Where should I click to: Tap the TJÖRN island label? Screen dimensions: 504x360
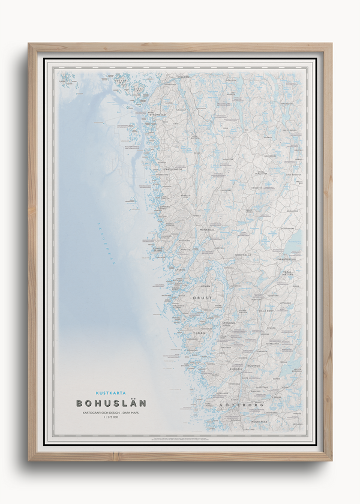[199, 333]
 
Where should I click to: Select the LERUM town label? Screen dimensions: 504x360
[277, 397]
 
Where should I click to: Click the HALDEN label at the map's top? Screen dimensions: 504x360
[184, 77]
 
